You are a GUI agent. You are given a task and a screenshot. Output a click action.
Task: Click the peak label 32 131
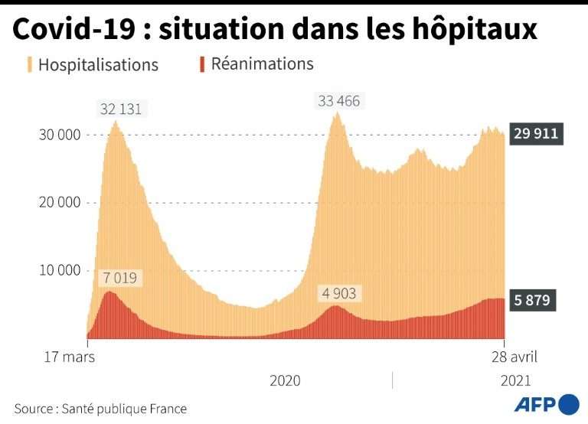(120, 109)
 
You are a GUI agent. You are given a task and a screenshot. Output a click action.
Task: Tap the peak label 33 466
(338, 101)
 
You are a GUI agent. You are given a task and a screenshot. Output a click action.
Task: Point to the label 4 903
(338, 294)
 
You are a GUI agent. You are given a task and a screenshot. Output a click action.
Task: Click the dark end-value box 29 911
(536, 135)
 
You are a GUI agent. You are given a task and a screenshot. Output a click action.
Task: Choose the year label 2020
(285, 380)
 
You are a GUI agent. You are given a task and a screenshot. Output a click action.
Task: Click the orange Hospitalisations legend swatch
(30, 64)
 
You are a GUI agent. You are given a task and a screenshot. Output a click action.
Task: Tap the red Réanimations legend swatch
(202, 64)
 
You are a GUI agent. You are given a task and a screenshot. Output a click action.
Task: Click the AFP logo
(546, 405)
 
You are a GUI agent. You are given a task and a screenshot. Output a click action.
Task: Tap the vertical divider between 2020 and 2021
(393, 380)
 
